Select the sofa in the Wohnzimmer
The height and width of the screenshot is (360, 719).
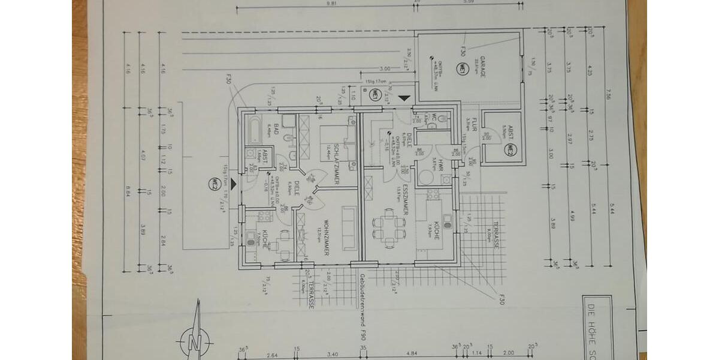[x=349, y=228]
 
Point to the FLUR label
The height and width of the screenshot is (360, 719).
[x=473, y=124]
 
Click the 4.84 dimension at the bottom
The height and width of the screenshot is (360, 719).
[x=411, y=354]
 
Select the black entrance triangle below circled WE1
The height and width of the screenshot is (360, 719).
[x=406, y=97]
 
